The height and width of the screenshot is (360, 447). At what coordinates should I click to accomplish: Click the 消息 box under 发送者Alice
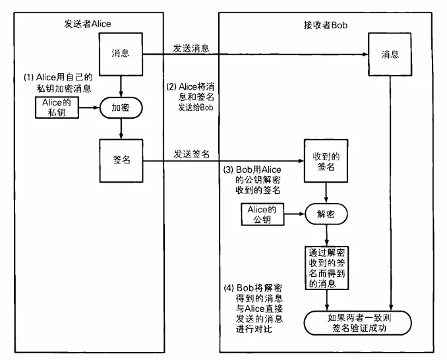pos(120,54)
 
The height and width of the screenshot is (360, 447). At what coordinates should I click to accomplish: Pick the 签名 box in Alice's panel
pos(120,160)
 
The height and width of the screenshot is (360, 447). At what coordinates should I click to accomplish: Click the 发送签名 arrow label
pos(191,154)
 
